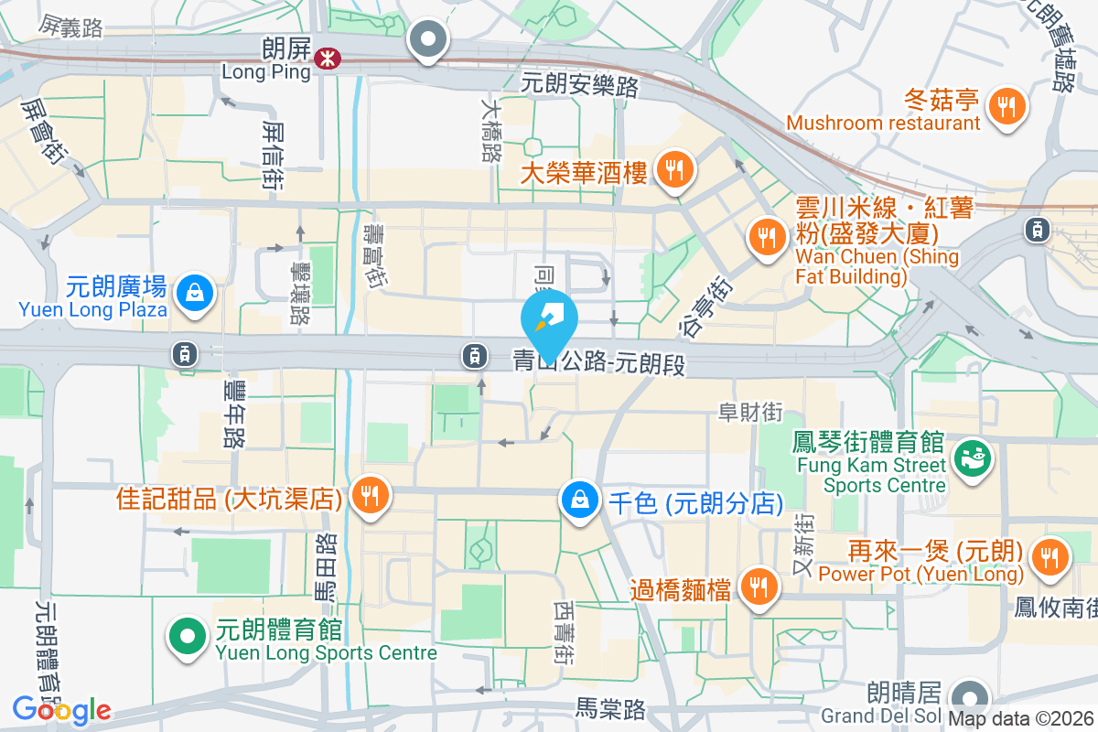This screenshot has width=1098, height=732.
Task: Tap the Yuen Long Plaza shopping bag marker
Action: (x=196, y=294)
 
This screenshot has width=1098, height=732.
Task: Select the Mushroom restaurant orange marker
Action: (x=1007, y=105)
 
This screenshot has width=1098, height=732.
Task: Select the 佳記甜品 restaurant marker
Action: (x=370, y=495)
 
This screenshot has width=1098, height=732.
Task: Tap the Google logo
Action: (x=62, y=710)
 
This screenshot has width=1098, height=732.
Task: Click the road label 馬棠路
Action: (x=611, y=708)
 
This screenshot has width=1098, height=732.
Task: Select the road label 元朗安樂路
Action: (x=579, y=85)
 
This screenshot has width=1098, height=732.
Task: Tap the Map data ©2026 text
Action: (x=1021, y=719)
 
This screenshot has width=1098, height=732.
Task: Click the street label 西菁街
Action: (x=565, y=631)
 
